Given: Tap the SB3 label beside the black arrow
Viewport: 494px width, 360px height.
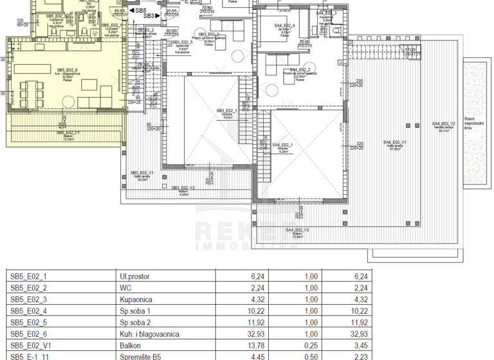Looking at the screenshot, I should (x=149, y=16).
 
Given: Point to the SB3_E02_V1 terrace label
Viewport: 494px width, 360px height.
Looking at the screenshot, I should (x=141, y=174).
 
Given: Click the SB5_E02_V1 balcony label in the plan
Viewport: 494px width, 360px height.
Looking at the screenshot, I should (x=68, y=134).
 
